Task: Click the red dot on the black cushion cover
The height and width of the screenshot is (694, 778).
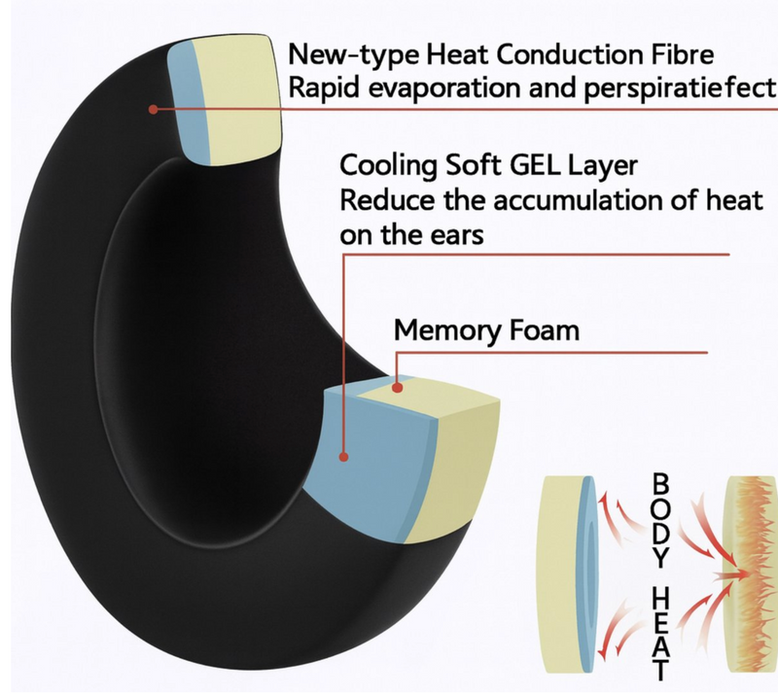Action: [x=153, y=109]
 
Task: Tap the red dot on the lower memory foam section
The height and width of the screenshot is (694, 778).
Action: [x=396, y=388]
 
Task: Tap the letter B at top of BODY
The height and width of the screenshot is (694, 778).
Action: [x=659, y=482]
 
